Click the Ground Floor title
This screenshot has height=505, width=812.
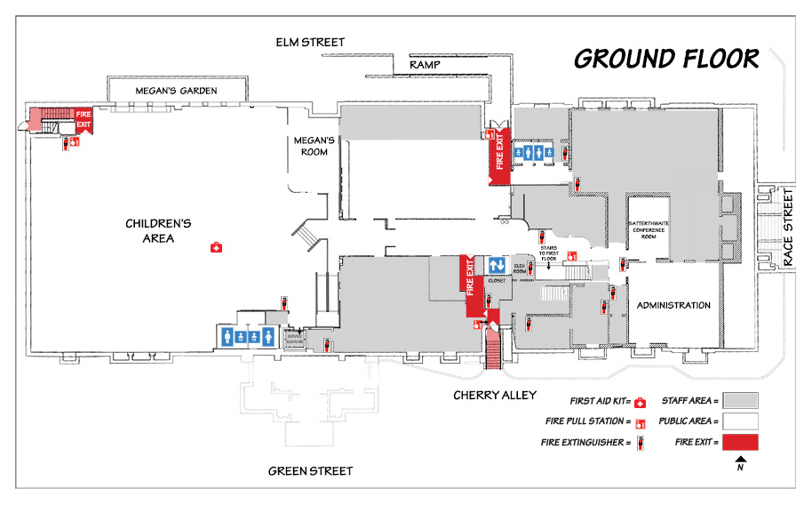click(x=666, y=59)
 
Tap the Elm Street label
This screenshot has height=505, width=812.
click(x=310, y=43)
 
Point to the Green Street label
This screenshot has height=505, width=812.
click(x=310, y=471)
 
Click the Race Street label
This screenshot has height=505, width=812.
click(x=790, y=238)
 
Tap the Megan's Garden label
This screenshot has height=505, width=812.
click(x=176, y=91)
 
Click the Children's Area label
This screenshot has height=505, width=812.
click(x=158, y=231)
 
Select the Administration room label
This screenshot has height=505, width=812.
click(x=673, y=306)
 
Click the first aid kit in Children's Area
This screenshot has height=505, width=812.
click(x=215, y=248)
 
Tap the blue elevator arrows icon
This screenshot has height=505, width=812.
click(x=497, y=265)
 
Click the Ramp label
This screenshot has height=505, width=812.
click(x=424, y=66)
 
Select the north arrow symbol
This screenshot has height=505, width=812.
click(x=739, y=460)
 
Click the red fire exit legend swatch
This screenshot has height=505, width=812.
click(x=739, y=442)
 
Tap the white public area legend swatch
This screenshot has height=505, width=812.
click(x=739, y=421)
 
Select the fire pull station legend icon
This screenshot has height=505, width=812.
click(x=639, y=422)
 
